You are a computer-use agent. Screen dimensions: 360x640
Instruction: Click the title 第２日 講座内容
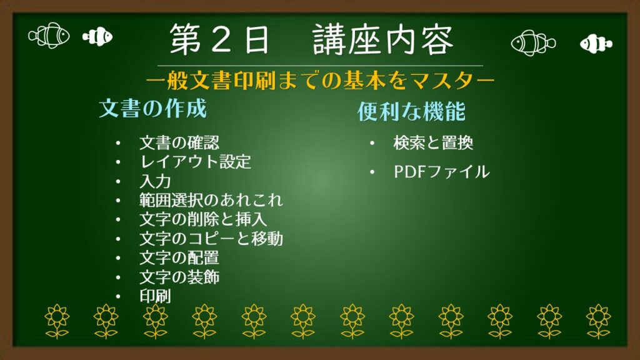311,41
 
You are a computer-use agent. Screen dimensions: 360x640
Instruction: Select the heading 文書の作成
152,109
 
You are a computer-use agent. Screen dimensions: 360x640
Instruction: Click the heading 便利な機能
411,112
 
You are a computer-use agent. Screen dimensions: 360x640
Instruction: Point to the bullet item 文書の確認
179,143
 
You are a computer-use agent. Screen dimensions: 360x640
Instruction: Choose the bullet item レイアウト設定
195,162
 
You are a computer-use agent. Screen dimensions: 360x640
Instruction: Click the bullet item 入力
154,182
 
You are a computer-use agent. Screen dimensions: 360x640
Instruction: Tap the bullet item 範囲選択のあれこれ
211,201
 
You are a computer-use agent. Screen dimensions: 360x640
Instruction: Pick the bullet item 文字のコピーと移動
211,239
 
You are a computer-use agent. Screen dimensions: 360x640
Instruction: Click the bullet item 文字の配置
179,257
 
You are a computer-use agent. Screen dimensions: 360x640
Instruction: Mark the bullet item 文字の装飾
179,276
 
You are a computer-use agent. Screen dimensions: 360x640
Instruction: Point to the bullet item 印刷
154,296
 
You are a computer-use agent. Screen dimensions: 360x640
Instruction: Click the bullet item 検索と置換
433,143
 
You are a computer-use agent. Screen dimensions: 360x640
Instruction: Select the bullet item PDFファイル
441,172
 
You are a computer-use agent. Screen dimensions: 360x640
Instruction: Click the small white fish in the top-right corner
595,43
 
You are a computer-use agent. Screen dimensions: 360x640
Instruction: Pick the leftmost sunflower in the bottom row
57,321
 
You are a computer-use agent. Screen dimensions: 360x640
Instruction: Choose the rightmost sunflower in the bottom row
598,321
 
